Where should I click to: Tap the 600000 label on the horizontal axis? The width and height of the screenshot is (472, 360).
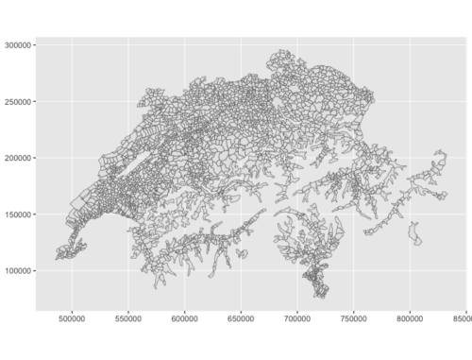click(185, 320)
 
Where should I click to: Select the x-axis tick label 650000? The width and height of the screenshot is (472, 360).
click(241, 320)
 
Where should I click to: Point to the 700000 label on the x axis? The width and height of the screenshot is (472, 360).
click(297, 320)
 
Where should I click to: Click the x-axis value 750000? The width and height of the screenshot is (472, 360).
click(353, 320)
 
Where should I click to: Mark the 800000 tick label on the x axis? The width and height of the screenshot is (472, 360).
click(410, 320)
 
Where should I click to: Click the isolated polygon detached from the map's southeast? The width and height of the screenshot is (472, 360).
click(414, 233)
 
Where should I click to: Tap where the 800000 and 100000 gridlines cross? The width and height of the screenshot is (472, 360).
click(410, 271)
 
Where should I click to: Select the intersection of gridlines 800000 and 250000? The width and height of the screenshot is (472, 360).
click(410, 101)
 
